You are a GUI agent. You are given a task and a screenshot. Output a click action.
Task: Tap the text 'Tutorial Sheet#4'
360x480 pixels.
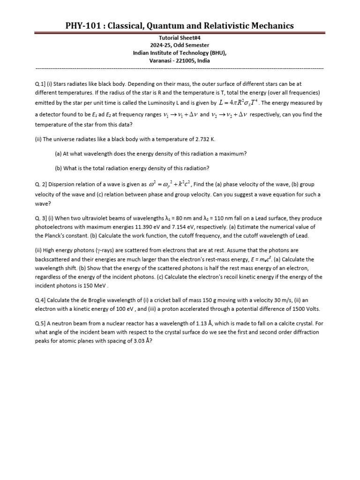pyautogui.click(x=180, y=37)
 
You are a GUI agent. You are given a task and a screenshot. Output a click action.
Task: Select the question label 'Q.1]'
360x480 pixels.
pyautogui.click(x=41, y=84)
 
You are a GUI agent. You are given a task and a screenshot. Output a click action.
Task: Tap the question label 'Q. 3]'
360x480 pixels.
pyautogui.click(x=42, y=218)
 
